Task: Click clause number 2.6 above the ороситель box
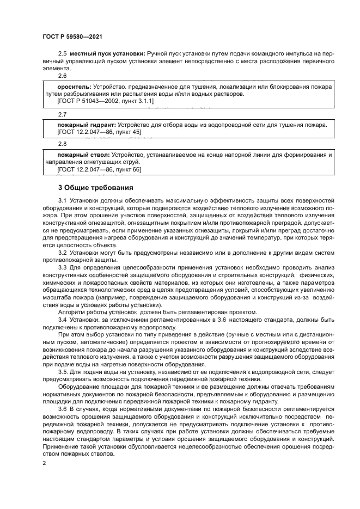(x=62, y=76)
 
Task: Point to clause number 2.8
(x=62, y=145)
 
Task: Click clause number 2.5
(x=62, y=52)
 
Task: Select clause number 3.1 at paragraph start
(x=62, y=203)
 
